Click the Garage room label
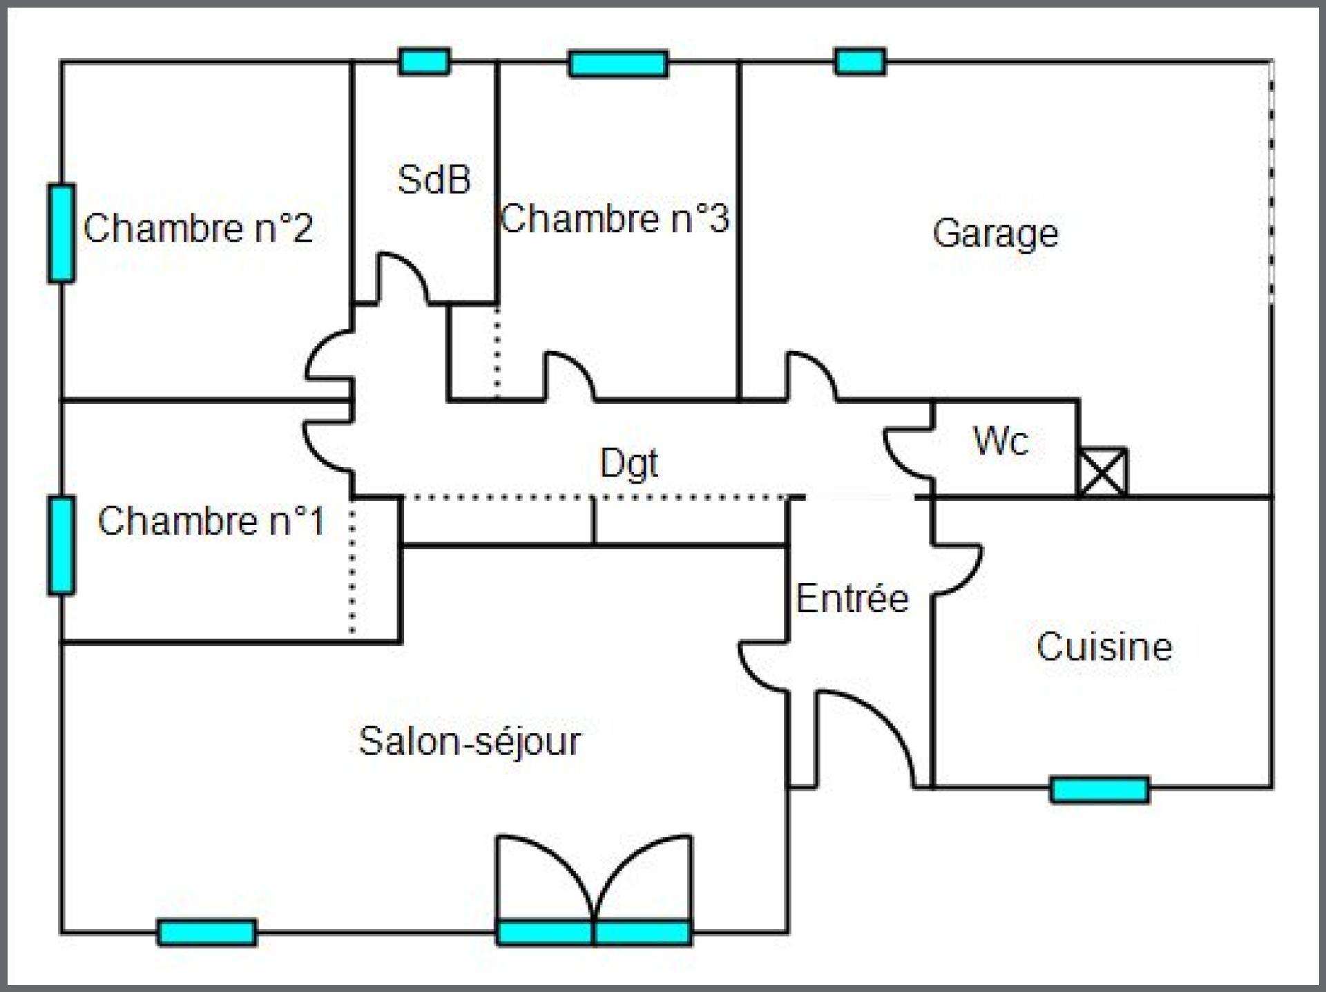995,233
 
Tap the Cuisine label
1104,647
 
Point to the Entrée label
852,598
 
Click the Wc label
1001,441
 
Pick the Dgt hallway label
629,464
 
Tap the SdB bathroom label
434,180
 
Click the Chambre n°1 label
211,521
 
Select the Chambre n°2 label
198,227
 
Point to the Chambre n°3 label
614,218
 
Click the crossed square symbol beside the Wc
1103,473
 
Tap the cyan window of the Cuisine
1100,790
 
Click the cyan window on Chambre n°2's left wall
61,233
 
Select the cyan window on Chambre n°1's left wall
61,545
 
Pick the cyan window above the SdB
425,61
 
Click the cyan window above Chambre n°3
619,64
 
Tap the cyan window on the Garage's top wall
860,61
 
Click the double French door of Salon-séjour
594,890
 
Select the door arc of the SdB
403,278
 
